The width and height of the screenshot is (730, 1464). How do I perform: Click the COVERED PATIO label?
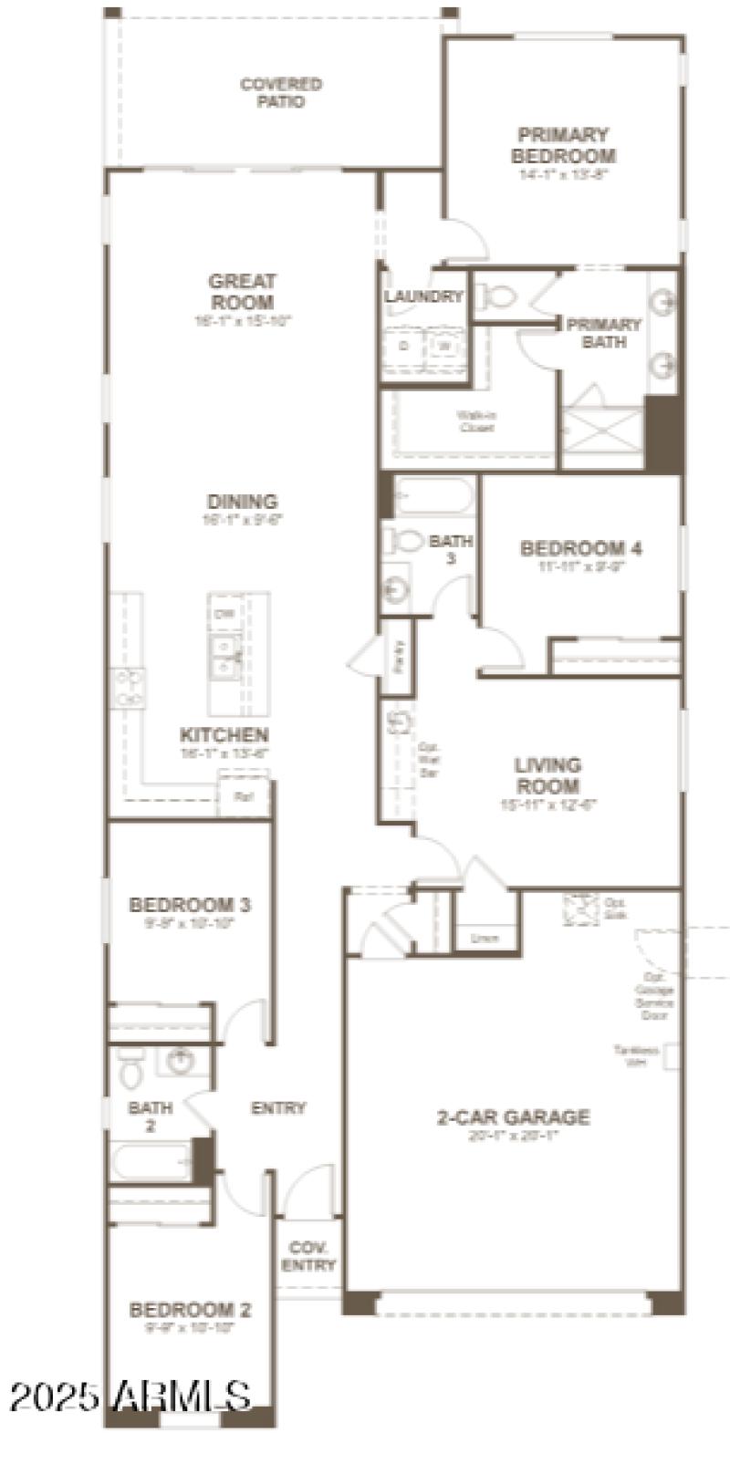pyautogui.click(x=281, y=93)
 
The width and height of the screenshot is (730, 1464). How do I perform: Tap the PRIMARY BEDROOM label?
pyautogui.click(x=563, y=146)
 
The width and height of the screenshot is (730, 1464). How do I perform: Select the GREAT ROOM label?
pyautogui.click(x=242, y=292)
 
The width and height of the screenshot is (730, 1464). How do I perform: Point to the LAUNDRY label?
pyautogui.click(x=423, y=296)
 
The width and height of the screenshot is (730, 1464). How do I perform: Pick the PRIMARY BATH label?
pyautogui.click(x=604, y=333)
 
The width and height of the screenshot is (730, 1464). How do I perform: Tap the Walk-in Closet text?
pyautogui.click(x=476, y=421)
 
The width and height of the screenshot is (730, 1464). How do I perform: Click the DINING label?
pyautogui.click(x=242, y=501)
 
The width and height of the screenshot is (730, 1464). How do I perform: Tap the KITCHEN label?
pyautogui.click(x=224, y=735)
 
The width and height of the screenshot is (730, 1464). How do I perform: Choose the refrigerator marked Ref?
pyautogui.click(x=244, y=796)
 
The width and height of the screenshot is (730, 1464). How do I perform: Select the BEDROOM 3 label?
pyautogui.click(x=190, y=905)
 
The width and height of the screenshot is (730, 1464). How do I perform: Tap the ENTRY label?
pyautogui.click(x=278, y=1108)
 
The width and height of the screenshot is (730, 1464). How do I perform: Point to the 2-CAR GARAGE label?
pyautogui.click(x=513, y=1116)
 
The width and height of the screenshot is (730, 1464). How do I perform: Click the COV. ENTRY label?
pyautogui.click(x=308, y=1256)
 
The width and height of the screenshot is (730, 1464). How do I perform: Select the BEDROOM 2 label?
pyautogui.click(x=190, y=1310)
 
